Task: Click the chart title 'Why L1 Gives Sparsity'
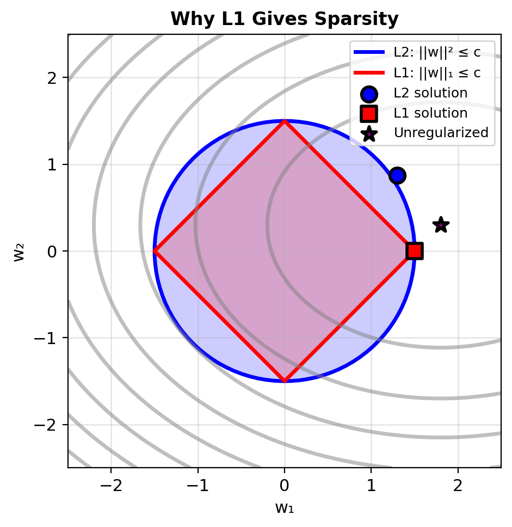pyautogui.click(x=285, y=20)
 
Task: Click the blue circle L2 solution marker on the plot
pyautogui.click(x=397, y=175)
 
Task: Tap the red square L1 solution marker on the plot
pyautogui.click(x=415, y=251)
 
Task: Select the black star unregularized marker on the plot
pyautogui.click(x=441, y=224)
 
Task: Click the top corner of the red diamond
pyautogui.click(x=285, y=121)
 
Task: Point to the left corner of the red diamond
pyautogui.click(x=155, y=251)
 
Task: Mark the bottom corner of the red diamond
pyautogui.click(x=285, y=381)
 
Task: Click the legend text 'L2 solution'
pyautogui.click(x=430, y=93)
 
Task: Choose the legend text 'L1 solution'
pyautogui.click(x=430, y=113)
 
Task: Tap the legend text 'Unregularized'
pyautogui.click(x=441, y=133)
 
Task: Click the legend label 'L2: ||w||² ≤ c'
pyautogui.click(x=437, y=53)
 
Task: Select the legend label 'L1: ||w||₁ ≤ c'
pyautogui.click(x=437, y=73)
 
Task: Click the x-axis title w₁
pyautogui.click(x=285, y=508)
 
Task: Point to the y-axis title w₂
pyautogui.click(x=20, y=251)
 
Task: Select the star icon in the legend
pyautogui.click(x=369, y=133)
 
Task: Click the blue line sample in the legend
pyautogui.click(x=369, y=53)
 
